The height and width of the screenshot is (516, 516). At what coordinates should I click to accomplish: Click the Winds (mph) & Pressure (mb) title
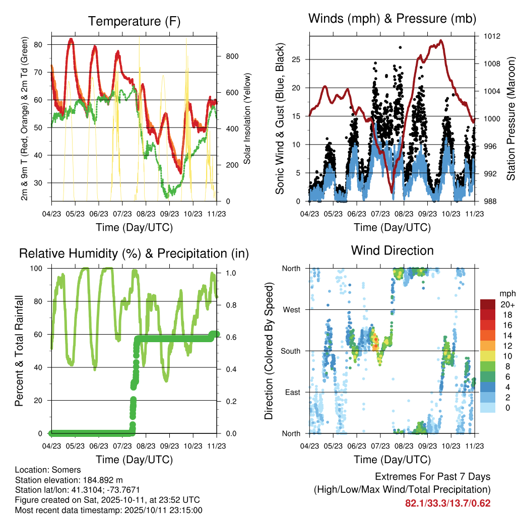pos(392,19)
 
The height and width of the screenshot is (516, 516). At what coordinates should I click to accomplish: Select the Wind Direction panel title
pos(392,250)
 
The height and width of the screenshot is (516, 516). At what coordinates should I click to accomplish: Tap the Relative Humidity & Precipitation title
pos(134,253)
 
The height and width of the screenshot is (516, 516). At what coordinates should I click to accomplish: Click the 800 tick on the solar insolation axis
pos(231,56)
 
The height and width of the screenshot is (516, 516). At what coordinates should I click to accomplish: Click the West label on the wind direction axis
pos(291,309)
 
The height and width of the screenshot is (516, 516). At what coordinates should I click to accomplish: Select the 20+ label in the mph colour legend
pos(506,304)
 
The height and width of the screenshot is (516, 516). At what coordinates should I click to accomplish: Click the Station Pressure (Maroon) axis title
pos(510,119)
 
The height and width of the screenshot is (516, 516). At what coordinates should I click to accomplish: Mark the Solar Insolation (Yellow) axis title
pos(247,119)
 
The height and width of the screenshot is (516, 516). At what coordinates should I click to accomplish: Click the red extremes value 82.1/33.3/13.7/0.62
pos(447,503)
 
